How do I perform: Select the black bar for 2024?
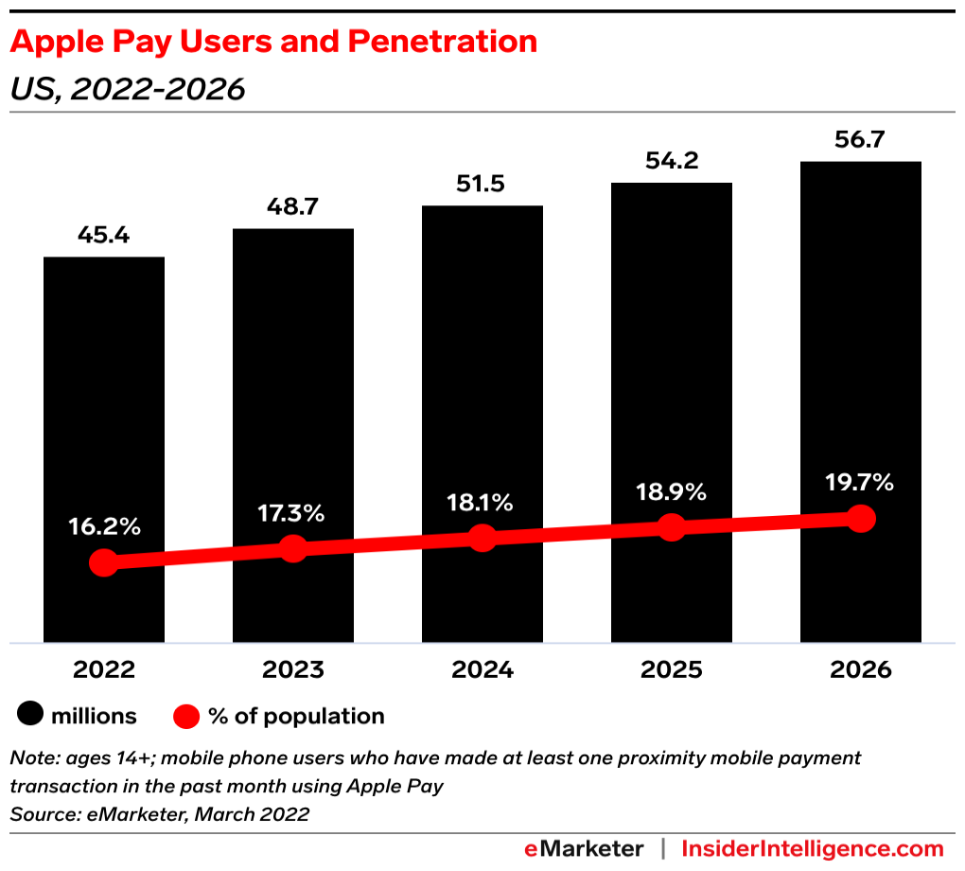pos(482,379)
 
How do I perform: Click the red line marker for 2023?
pos(293,549)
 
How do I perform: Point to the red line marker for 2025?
pos(671,527)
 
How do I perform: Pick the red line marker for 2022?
pos(104,563)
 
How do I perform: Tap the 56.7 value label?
pos(860,139)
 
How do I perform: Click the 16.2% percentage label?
pos(104,527)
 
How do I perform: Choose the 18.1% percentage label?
pos(482,503)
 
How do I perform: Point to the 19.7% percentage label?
pos(860,483)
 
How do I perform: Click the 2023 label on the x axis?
pos(293,670)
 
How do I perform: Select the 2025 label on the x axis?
pos(671,670)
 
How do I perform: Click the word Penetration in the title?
pos(443,42)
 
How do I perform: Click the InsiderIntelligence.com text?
pos(813,848)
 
